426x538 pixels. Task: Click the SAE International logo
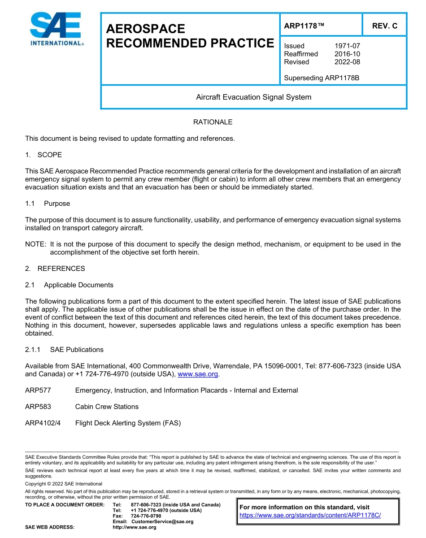56,29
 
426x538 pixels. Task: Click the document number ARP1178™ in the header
304,26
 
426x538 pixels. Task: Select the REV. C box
384,26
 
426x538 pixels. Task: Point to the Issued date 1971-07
347,46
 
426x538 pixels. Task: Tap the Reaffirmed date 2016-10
347,54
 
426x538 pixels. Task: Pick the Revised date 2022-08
347,62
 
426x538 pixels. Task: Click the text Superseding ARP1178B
322,78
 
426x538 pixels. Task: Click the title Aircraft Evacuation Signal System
253,97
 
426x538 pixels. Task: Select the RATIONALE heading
213,122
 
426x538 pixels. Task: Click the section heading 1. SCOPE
43,155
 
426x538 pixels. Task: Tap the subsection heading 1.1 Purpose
48,204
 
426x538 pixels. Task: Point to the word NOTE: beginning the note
36,244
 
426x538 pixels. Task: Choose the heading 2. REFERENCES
55,269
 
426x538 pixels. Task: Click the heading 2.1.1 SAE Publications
64,350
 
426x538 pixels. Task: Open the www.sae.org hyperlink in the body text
198,374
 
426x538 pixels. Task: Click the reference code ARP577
38,390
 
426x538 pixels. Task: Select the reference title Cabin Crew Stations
107,407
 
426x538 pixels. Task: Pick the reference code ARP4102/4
43,423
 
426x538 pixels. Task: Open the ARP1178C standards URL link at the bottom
310,515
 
